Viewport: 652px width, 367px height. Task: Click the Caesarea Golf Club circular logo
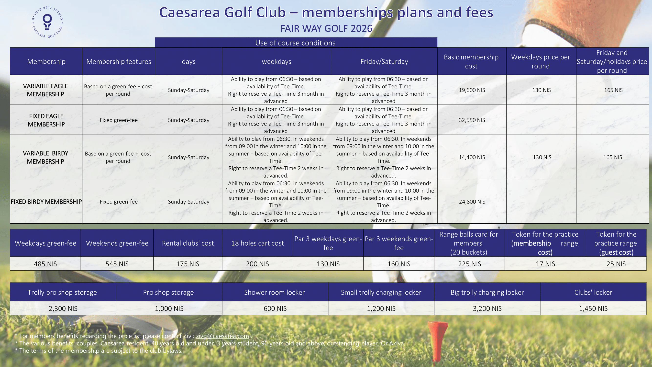pos(47,22)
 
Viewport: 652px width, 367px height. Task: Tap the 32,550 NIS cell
pos(472,120)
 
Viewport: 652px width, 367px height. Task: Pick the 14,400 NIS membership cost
pos(472,157)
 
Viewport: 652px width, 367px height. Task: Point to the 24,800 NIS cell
pos(472,202)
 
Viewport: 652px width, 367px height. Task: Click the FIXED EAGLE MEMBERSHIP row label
pos(46,120)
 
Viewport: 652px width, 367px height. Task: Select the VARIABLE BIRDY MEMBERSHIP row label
pos(45,157)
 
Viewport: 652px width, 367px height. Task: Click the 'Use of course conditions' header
pos(295,43)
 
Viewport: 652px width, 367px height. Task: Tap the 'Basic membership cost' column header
pos(471,62)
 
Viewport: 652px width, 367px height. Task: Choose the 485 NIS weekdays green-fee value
pos(45,264)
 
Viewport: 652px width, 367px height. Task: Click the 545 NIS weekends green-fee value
pos(117,264)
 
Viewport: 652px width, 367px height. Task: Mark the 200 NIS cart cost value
pos(257,264)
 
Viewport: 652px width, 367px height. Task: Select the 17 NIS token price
pos(545,264)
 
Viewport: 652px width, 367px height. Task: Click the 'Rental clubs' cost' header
pos(188,243)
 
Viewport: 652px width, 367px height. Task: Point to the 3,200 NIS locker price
pos(487,309)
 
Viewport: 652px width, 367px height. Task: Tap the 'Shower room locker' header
pos(274,292)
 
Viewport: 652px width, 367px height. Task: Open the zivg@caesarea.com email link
pos(222,336)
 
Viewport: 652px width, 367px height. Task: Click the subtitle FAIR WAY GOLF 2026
pos(326,29)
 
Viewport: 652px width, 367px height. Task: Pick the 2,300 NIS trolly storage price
pos(63,309)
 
